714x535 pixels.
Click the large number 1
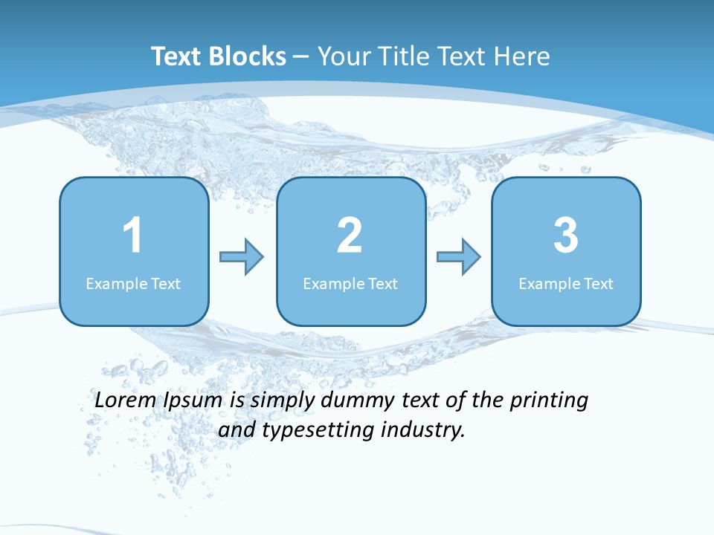(x=132, y=236)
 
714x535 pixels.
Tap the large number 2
(x=350, y=236)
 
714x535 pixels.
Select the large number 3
(x=566, y=236)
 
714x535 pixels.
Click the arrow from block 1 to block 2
(x=242, y=256)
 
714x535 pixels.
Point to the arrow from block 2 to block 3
(x=458, y=256)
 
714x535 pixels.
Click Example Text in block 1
(x=133, y=283)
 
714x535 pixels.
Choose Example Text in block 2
(x=350, y=283)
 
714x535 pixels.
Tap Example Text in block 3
(x=566, y=283)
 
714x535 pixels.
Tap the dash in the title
(x=302, y=57)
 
